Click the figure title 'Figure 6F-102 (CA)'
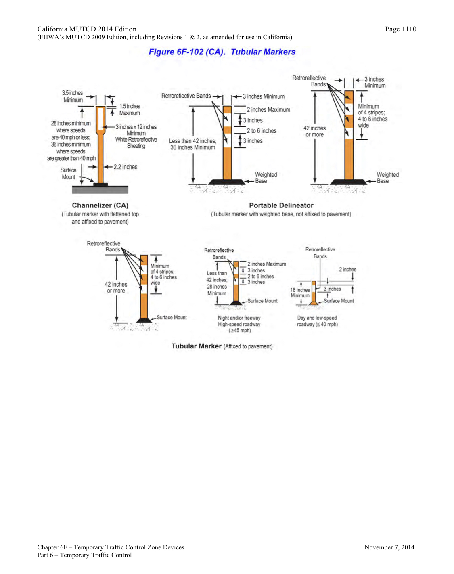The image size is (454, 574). tap(186, 52)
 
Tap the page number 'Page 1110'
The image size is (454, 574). tap(400, 29)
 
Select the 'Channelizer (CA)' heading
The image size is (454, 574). tap(100, 205)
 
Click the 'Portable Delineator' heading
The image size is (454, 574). tap(281, 205)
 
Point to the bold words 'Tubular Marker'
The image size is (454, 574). tap(196, 346)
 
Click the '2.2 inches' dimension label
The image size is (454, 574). tap(125, 167)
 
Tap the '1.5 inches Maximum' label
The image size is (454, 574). tap(130, 109)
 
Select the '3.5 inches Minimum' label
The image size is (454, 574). tap(73, 96)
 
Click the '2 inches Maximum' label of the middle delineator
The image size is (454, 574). tap(268, 110)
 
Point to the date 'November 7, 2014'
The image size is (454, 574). tap(389, 547)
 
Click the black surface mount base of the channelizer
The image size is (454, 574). tap(100, 184)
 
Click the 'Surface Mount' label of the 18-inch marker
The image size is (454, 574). tap(339, 301)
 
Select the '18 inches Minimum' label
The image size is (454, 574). tap(300, 293)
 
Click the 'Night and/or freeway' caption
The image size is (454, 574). tap(239, 318)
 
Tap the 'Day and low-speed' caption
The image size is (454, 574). tap(317, 318)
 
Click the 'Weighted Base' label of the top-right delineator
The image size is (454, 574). tap(387, 178)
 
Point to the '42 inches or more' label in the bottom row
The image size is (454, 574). tap(116, 287)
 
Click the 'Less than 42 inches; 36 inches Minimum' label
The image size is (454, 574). tap(192, 144)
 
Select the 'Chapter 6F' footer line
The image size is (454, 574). tap(111, 547)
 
